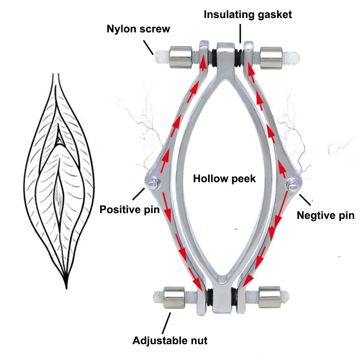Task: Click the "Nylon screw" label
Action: (x=138, y=29)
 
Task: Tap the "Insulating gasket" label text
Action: (x=247, y=15)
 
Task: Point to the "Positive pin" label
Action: (x=129, y=209)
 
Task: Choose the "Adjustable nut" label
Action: (x=169, y=340)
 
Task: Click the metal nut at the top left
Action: (x=180, y=56)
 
